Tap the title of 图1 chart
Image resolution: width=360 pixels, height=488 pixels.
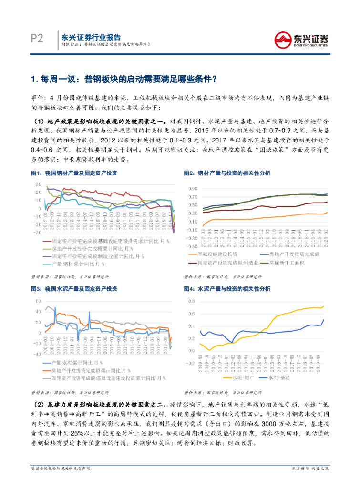click(x=74, y=173)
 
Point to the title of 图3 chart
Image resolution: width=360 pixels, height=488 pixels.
click(x=74, y=289)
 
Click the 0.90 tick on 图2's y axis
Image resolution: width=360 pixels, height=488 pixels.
click(x=192, y=189)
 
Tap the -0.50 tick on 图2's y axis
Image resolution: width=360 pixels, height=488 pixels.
click(x=191, y=246)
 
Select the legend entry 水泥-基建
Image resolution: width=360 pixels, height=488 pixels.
click(x=279, y=377)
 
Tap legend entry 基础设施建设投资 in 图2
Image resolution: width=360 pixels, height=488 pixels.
click(x=217, y=254)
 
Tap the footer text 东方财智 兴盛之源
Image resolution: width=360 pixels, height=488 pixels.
click(x=310, y=482)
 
